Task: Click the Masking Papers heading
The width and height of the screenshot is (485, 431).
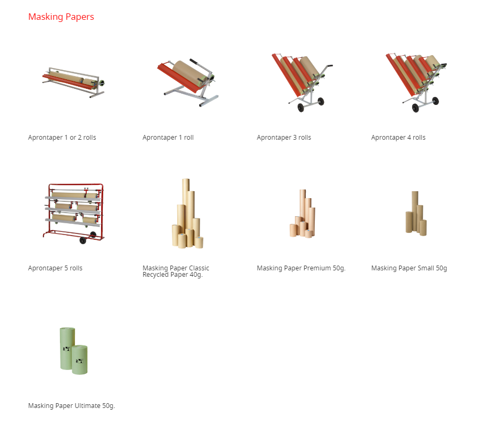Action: tap(61, 17)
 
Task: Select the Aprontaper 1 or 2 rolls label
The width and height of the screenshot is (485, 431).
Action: tap(62, 138)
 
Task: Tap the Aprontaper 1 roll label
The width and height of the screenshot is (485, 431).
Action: tap(168, 138)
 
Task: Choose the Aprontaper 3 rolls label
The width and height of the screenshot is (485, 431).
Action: tap(284, 138)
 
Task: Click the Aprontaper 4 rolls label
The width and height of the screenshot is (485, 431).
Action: tap(398, 138)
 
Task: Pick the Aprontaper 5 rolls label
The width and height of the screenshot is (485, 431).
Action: tap(55, 268)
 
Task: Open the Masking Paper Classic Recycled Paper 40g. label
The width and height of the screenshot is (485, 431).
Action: tap(176, 271)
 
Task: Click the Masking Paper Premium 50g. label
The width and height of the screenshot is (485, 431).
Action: tap(301, 268)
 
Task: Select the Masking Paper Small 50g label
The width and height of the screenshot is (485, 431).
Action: tap(409, 268)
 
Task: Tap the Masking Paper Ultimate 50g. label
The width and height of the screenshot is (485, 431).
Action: tap(71, 406)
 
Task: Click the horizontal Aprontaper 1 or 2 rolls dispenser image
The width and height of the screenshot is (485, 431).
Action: tap(73, 82)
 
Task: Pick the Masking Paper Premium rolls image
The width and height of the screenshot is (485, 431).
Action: tap(302, 214)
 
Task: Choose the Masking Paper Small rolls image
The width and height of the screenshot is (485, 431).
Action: tap(416, 214)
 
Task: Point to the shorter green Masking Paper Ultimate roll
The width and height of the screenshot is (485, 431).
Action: tap(79, 360)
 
